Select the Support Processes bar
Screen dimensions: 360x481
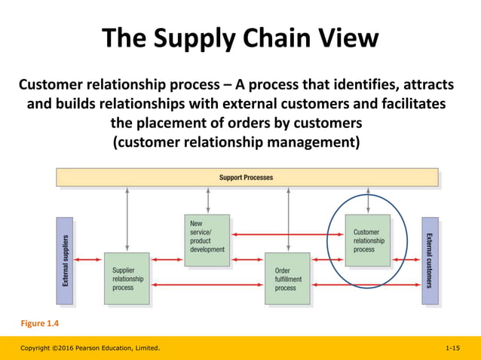[247, 178]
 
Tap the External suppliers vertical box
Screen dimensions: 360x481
[65, 261]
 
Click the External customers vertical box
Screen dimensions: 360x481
[430, 261]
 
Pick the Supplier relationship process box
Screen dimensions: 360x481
[127, 278]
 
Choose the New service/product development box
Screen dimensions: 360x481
[207, 239]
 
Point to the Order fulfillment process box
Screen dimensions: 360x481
[287, 278]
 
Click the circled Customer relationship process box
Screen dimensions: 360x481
[368, 239]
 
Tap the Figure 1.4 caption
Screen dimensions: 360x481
[39, 324]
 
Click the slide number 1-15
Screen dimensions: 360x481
[452, 349]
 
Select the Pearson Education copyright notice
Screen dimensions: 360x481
[90, 349]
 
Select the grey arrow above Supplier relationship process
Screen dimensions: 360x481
[127, 219]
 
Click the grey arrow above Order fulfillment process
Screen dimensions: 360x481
[288, 219]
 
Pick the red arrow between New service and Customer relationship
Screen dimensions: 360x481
[287, 234]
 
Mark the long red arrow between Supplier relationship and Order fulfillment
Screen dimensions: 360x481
[207, 285]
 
